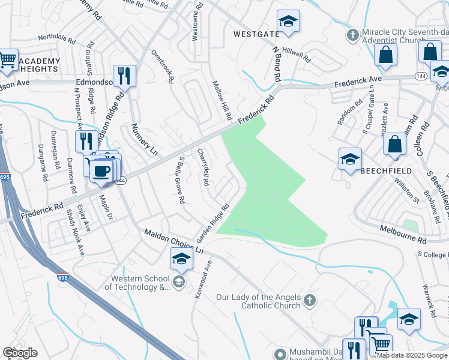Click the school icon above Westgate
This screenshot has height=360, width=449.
click(289, 22)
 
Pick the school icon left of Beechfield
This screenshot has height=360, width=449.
click(350, 159)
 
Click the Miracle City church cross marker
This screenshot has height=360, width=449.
click(352, 34)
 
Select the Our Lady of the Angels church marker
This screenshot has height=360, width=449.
click(309, 300)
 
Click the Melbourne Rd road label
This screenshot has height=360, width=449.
click(403, 234)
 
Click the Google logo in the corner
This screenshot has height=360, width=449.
click(20, 353)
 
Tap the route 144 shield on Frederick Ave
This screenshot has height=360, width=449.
click(420, 77)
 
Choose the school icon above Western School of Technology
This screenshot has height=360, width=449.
click(181, 259)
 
